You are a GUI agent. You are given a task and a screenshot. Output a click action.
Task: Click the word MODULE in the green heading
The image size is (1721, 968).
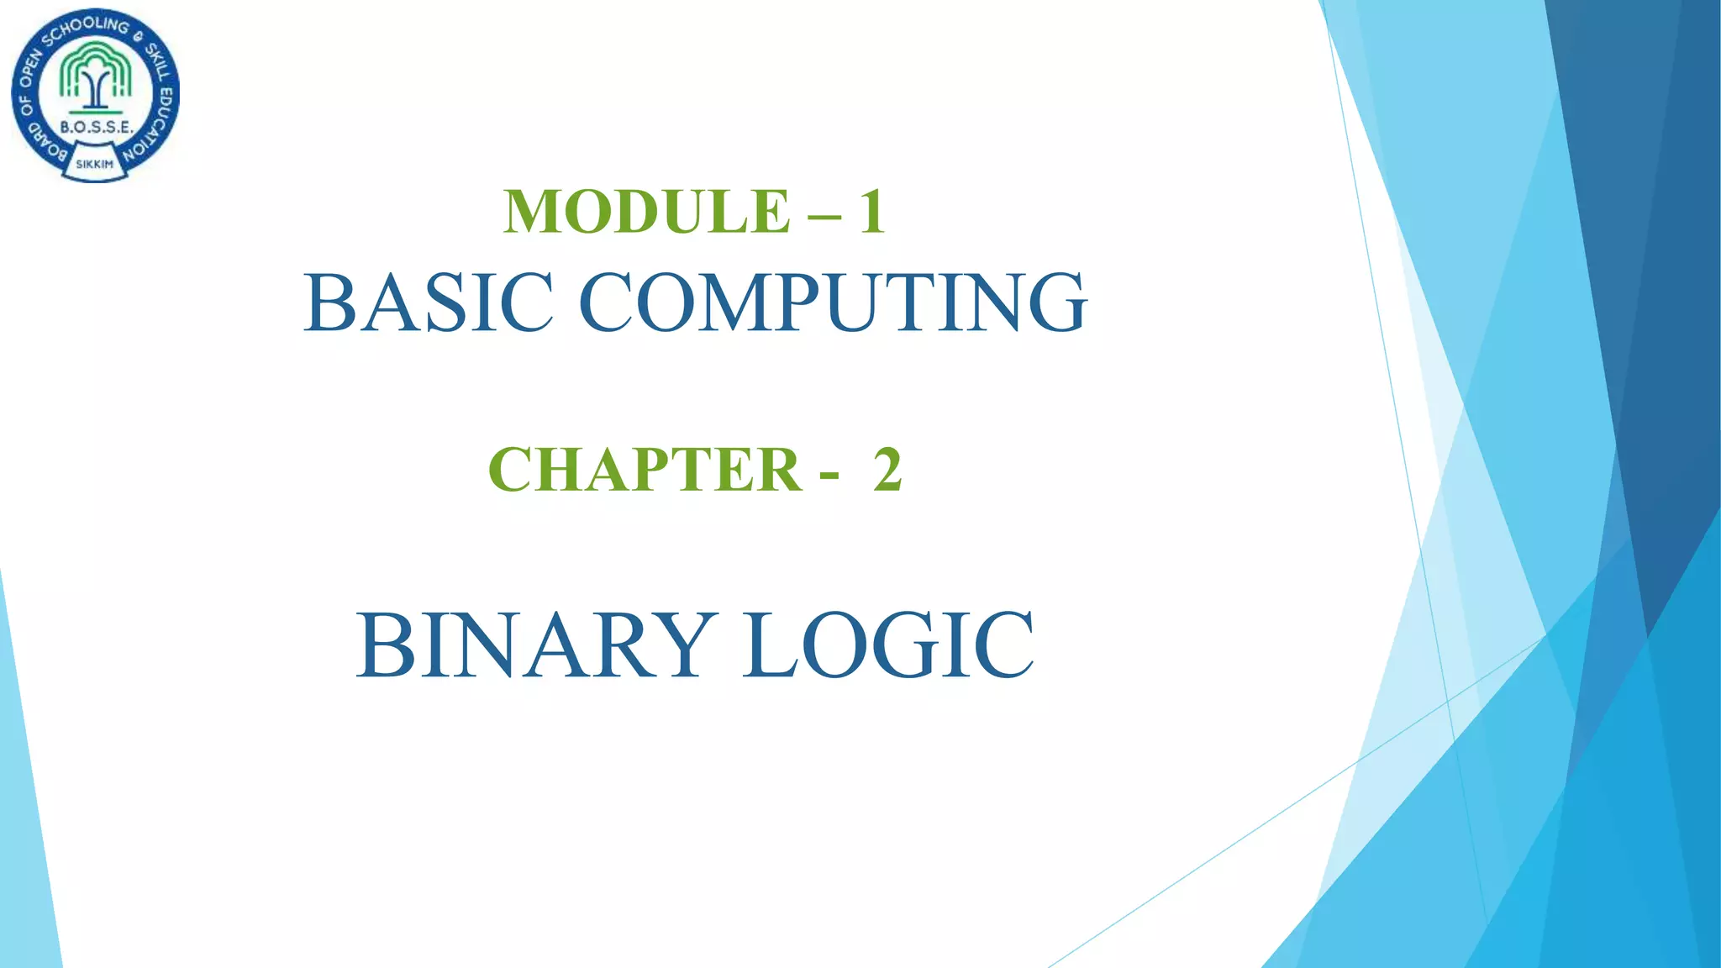click(646, 211)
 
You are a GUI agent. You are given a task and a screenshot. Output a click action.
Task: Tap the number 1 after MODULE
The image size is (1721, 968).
click(871, 211)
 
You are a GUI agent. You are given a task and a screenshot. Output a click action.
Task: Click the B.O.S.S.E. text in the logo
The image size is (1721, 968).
click(96, 128)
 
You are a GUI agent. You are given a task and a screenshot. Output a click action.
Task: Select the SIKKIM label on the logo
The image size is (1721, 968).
click(94, 164)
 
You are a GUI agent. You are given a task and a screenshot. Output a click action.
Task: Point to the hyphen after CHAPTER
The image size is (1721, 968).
click(829, 476)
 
